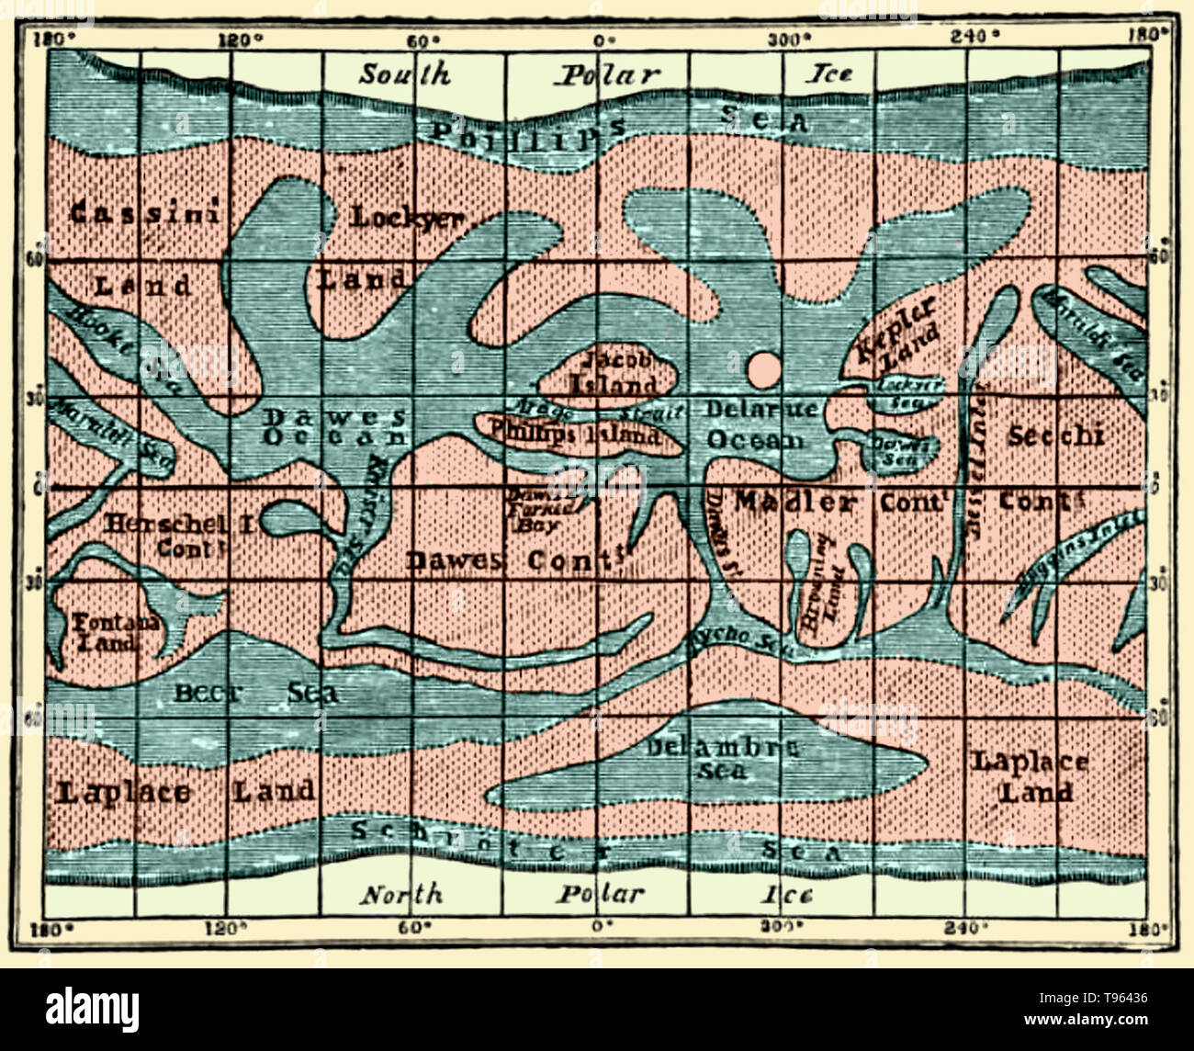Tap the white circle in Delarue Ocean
point(763,370)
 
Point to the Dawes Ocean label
point(335,426)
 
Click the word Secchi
point(1055,435)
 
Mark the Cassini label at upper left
point(145,213)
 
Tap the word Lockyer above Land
point(406,218)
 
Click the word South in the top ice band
point(404,73)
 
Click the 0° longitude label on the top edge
point(601,40)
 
